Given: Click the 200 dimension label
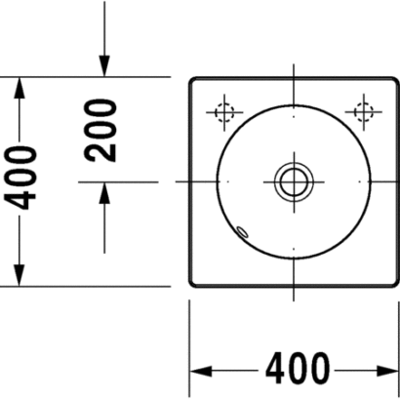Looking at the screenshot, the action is (100, 131).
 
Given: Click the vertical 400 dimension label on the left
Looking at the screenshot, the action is (20, 179).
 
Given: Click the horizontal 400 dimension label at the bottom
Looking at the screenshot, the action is (298, 369).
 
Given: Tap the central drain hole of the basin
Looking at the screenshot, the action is (294, 181).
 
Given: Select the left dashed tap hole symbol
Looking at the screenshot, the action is (224, 112).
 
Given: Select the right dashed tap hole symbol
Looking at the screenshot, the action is (364, 112).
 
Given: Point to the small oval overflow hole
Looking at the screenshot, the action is (242, 231).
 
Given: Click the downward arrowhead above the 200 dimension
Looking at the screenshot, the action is (104, 66).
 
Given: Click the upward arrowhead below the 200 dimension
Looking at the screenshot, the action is (104, 193).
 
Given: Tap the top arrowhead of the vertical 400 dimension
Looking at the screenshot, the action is (20, 88).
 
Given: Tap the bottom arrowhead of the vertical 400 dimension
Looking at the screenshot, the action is (20, 276).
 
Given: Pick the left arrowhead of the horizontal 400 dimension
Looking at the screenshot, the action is (201, 371).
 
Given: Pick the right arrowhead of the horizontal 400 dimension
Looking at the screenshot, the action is (387, 371).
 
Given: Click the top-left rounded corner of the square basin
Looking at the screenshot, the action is (192, 80).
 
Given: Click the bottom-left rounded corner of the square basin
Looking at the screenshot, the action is (192, 284).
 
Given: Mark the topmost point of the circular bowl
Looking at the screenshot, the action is (294, 105).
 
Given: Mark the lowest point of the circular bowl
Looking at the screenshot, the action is (294, 259).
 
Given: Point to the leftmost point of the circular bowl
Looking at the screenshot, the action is (218, 181).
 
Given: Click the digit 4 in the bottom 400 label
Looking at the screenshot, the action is (276, 369).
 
